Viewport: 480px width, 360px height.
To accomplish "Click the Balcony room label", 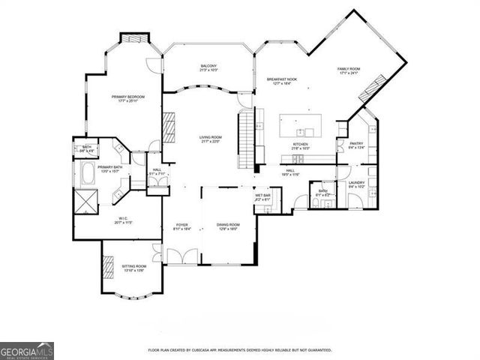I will (x=208, y=67).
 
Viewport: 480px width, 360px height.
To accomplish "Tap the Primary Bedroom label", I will (x=128, y=98).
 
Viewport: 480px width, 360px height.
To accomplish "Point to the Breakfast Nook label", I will (x=282, y=80).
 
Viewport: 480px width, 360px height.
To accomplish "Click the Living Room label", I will (x=210, y=139).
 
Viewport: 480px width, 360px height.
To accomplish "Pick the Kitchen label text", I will (x=300, y=145).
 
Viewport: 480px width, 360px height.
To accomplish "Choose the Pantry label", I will (x=356, y=145).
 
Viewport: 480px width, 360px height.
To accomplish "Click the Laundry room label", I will (x=356, y=183).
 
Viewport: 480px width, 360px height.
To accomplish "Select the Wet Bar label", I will (x=262, y=197).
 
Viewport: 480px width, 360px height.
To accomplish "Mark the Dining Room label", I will (x=228, y=226).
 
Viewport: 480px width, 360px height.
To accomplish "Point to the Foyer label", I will (x=181, y=226).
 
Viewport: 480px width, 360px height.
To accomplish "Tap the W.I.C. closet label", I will (x=123, y=220).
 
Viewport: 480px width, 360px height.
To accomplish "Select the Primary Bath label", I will (x=109, y=169).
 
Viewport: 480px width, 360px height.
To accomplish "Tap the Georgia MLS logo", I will (x=27, y=351).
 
